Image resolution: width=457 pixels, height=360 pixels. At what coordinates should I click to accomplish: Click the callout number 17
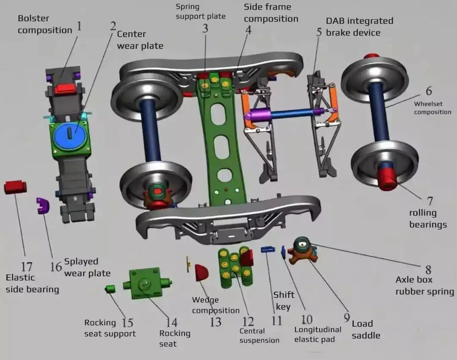(26, 267)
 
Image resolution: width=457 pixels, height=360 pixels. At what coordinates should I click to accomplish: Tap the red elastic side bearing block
(15, 187)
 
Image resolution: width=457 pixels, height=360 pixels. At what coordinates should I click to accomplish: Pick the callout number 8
(428, 269)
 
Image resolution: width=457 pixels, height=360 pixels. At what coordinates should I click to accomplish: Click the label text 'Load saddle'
(366, 330)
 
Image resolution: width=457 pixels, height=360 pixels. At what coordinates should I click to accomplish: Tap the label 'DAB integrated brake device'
(359, 26)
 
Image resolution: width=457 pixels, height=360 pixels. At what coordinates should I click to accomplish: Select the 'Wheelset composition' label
(432, 108)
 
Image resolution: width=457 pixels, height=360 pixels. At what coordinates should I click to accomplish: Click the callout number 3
(205, 29)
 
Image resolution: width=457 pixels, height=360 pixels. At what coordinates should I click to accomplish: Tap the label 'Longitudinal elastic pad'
(317, 334)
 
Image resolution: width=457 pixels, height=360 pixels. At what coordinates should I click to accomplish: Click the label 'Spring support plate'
(200, 11)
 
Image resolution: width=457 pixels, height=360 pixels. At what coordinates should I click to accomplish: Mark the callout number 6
(429, 91)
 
